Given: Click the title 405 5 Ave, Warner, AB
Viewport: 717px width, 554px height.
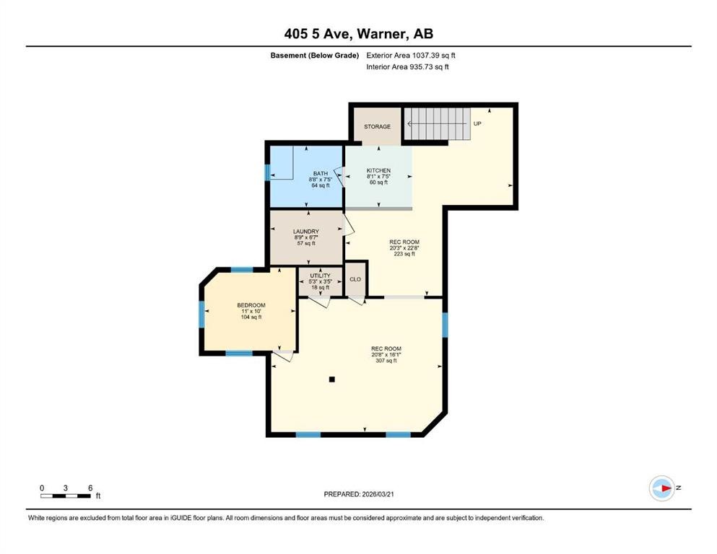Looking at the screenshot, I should coord(358,33).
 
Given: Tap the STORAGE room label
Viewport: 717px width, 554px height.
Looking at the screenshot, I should coord(377,127).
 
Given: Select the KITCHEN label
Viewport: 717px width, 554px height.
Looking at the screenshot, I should coord(378,171).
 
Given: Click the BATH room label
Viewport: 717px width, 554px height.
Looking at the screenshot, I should coord(320,173).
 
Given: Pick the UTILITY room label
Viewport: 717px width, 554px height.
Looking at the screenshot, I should coord(320,276).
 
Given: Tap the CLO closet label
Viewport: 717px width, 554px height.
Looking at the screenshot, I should coord(355,279).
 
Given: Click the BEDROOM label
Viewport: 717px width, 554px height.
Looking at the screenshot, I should coord(251,305).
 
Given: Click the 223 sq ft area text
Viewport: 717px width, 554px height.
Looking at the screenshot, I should coord(404,254).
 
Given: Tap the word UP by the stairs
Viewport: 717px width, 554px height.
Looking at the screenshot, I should coord(477,124).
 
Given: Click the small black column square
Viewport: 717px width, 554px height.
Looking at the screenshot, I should coord(331,379).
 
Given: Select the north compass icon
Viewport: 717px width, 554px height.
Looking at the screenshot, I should coord(661,488).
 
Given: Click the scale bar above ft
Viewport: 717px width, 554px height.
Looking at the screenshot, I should coord(66,496).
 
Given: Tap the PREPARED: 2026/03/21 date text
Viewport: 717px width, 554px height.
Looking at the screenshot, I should coord(358,494).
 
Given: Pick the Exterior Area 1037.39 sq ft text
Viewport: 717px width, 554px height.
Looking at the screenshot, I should coord(411,55).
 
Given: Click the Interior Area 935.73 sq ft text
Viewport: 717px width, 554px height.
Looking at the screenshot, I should coord(407,67).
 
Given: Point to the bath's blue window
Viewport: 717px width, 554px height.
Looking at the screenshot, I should coord(268,173).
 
